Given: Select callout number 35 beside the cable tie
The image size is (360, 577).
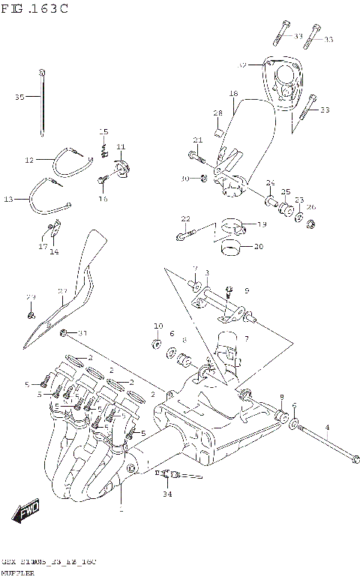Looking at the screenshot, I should (20, 97).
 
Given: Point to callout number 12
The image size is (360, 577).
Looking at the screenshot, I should (29, 160).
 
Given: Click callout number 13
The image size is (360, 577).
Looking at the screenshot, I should (9, 199).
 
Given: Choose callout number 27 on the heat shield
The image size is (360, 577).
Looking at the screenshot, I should (63, 291).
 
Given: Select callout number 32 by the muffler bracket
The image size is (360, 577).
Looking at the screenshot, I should (242, 65).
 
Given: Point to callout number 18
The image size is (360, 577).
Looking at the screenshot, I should (233, 93).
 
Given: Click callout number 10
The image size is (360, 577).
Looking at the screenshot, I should (157, 326).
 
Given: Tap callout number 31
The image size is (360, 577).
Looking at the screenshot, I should (82, 333).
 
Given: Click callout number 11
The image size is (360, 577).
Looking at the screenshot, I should (120, 146).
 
